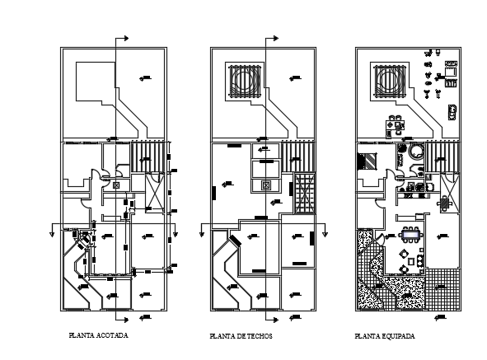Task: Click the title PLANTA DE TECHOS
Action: [x=241, y=337]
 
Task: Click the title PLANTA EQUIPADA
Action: [x=385, y=337]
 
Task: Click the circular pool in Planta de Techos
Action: [x=245, y=81]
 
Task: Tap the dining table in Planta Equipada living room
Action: [x=410, y=237]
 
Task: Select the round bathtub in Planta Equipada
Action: [x=414, y=151]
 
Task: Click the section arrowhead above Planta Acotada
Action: [x=127, y=37]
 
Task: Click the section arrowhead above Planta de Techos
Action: [x=273, y=37]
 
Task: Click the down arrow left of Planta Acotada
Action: [x=54, y=231]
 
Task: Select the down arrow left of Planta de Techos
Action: [x=200, y=231]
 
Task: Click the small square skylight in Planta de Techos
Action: [x=265, y=185]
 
